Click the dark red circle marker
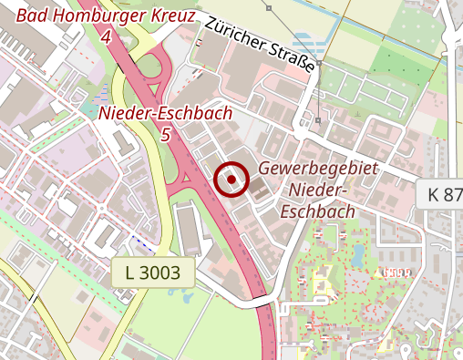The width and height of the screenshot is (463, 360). [x=232, y=180]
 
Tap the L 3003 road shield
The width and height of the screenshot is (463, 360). [x=154, y=271]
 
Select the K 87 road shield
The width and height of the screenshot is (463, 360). [x=444, y=193]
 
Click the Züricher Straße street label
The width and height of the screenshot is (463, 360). [x=260, y=46]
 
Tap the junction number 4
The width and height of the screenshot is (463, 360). [x=107, y=37]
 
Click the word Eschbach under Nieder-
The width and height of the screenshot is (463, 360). [x=317, y=211]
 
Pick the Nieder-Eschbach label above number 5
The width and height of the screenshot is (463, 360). [x=164, y=113]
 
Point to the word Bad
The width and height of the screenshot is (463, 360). [x=33, y=15]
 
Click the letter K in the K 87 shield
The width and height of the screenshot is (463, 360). [x=433, y=193]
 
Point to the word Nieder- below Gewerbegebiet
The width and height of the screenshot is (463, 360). [x=319, y=190]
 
